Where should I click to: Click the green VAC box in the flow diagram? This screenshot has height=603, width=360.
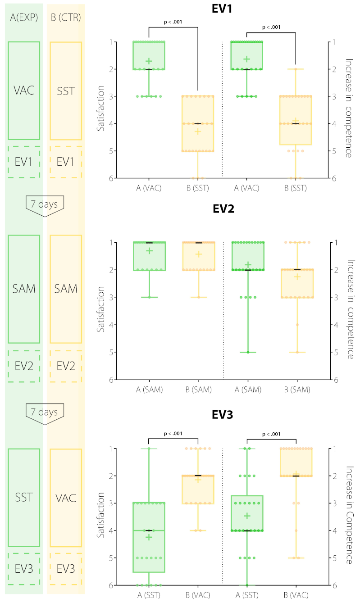click(24, 91)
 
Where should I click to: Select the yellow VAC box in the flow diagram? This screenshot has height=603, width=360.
click(66, 498)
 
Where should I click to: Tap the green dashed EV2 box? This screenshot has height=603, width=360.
click(24, 366)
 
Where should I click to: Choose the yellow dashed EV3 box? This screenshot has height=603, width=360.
click(66, 569)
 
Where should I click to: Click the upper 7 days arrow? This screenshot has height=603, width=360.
click(45, 205)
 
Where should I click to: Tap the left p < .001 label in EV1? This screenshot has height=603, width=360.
click(173, 22)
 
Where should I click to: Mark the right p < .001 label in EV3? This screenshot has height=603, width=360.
click(271, 434)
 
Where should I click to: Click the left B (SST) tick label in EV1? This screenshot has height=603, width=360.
click(197, 188)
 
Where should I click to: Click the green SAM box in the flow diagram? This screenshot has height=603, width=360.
click(24, 289)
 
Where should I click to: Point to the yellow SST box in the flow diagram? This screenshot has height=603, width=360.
click(66, 91)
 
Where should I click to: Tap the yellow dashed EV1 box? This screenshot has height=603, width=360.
click(66, 162)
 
